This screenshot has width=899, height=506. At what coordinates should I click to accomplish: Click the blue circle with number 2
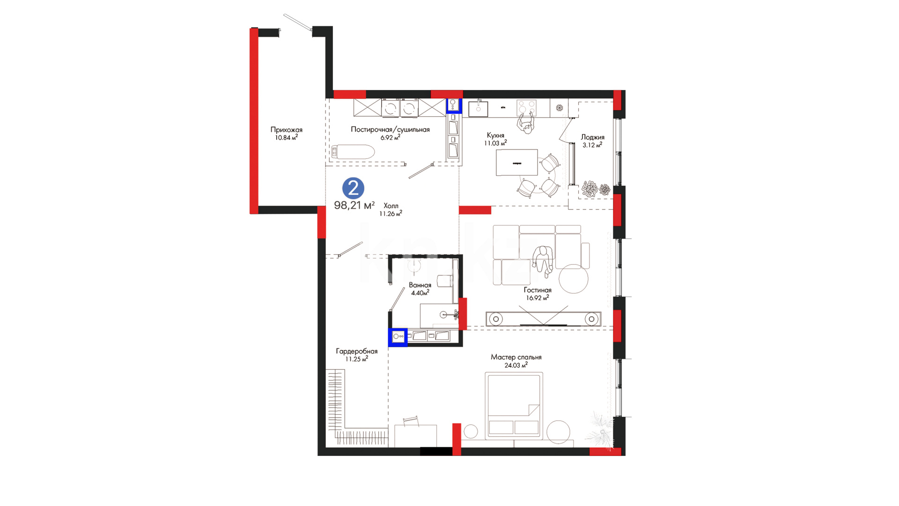(x=353, y=188)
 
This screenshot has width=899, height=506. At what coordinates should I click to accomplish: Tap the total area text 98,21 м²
(x=354, y=205)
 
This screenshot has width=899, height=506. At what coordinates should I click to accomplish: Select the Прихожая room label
(x=287, y=130)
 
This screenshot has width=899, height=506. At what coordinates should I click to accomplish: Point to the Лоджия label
(x=592, y=137)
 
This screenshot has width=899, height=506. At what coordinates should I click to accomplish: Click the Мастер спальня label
(x=516, y=357)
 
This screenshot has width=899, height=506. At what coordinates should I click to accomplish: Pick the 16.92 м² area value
(x=537, y=298)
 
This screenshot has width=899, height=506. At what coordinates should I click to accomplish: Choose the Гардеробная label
(x=356, y=351)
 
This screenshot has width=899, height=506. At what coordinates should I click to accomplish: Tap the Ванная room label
(x=420, y=285)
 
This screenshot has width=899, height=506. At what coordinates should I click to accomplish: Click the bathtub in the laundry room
(x=352, y=152)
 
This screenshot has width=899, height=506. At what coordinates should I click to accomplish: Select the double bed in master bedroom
(x=514, y=406)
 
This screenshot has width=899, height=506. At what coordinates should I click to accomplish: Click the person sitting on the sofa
(x=543, y=260)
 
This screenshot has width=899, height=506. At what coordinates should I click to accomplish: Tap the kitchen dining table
(x=517, y=162)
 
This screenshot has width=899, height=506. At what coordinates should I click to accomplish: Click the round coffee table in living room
(x=573, y=279)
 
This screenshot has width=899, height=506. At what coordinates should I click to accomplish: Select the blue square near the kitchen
(x=453, y=105)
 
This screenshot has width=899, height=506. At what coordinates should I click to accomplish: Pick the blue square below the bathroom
(x=398, y=336)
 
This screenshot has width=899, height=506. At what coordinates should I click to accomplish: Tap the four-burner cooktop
(x=526, y=107)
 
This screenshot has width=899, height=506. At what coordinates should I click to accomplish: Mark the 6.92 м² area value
(x=390, y=137)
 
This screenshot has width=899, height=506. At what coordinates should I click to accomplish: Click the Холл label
(x=391, y=206)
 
